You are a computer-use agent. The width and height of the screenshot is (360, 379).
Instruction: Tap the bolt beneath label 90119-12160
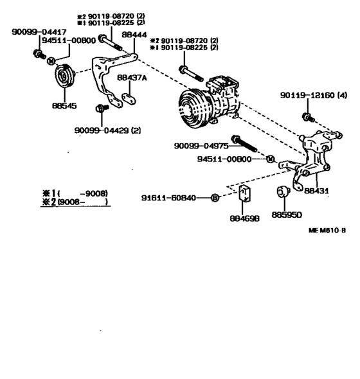[307, 118]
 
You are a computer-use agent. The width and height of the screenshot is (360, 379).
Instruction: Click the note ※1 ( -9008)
[71, 193]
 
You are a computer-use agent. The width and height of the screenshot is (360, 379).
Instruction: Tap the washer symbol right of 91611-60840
[215, 197]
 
